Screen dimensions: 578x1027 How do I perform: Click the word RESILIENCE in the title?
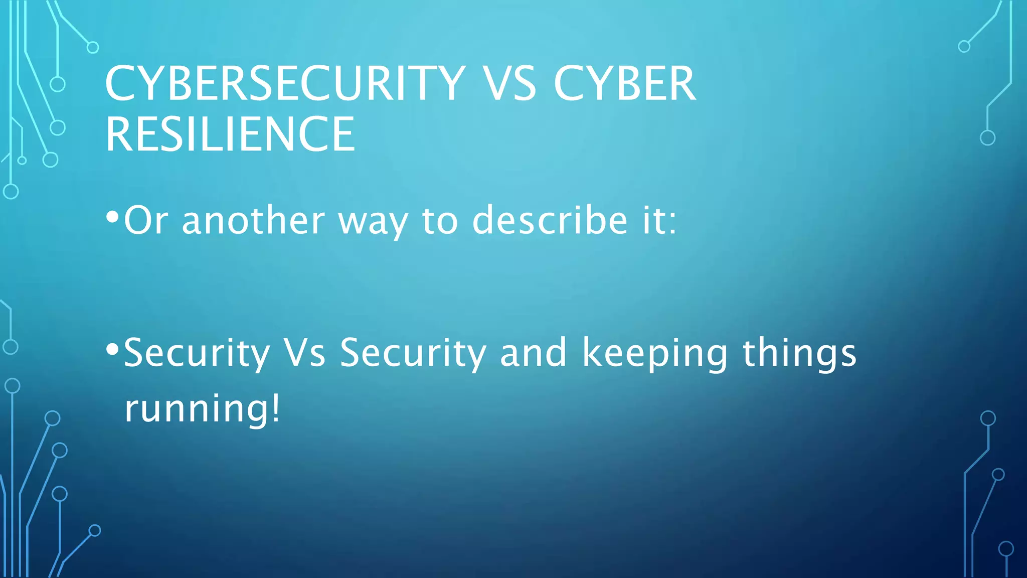pyautogui.click(x=230, y=134)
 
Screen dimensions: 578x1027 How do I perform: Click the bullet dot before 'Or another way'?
pyautogui.click(x=112, y=217)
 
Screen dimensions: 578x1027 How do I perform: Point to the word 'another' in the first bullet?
pyautogui.click(x=253, y=221)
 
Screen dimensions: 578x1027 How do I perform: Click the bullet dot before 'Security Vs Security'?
pyautogui.click(x=112, y=348)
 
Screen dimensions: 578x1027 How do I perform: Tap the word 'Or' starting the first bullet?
pyautogui.click(x=145, y=221)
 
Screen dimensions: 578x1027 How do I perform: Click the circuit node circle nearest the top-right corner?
pyautogui.click(x=964, y=47)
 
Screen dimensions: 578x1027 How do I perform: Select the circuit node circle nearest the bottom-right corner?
pyautogui.click(x=1006, y=549)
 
